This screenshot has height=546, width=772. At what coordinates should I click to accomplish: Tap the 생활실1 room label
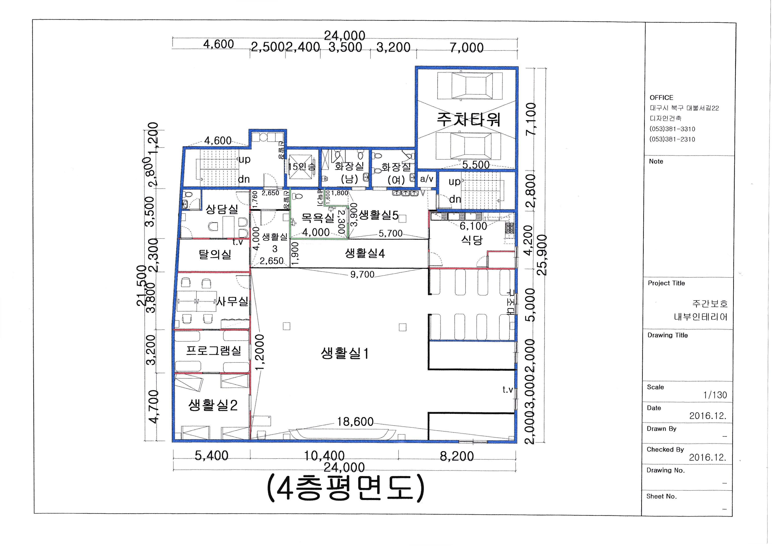click(345, 353)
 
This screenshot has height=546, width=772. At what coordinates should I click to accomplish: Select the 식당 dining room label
click(472, 240)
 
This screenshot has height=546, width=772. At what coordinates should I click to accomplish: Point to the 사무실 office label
click(232, 301)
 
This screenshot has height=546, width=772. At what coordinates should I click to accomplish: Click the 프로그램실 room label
click(214, 351)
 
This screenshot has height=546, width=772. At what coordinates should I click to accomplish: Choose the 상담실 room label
click(222, 209)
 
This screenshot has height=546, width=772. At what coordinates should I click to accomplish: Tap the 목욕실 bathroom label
click(318, 218)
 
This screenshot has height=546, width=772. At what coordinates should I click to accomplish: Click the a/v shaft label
click(426, 179)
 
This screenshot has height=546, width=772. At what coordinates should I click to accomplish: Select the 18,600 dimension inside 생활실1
click(355, 422)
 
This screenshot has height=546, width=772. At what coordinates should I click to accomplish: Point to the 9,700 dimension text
click(362, 274)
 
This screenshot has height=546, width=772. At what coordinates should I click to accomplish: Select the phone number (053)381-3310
click(672, 129)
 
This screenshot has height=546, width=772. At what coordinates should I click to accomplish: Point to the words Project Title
click(666, 283)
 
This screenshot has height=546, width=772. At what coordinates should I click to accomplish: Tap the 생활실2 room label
click(213, 405)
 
